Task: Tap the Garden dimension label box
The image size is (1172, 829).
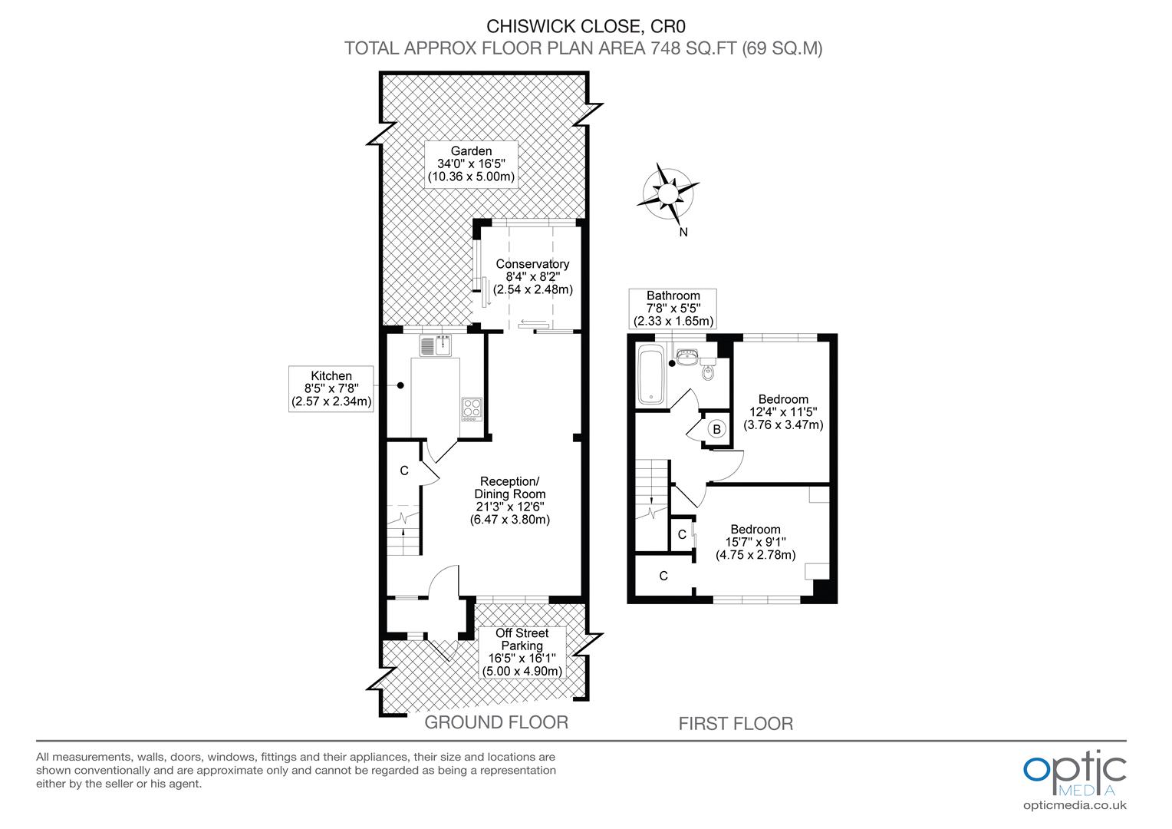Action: tap(471, 163)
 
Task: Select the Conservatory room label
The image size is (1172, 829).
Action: tap(532, 277)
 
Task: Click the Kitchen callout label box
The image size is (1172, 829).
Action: tap(331, 388)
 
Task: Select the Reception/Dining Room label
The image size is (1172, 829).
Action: tap(509, 500)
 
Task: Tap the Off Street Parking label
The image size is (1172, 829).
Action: tap(522, 652)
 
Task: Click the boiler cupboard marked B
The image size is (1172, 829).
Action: tap(716, 429)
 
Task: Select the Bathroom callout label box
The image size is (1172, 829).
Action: tap(673, 308)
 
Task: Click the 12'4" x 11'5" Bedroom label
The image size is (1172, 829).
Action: tap(783, 412)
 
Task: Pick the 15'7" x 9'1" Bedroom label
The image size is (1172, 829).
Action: tap(755, 542)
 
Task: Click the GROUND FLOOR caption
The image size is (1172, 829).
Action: tap(496, 722)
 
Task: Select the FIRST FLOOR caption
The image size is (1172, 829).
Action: tap(735, 723)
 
